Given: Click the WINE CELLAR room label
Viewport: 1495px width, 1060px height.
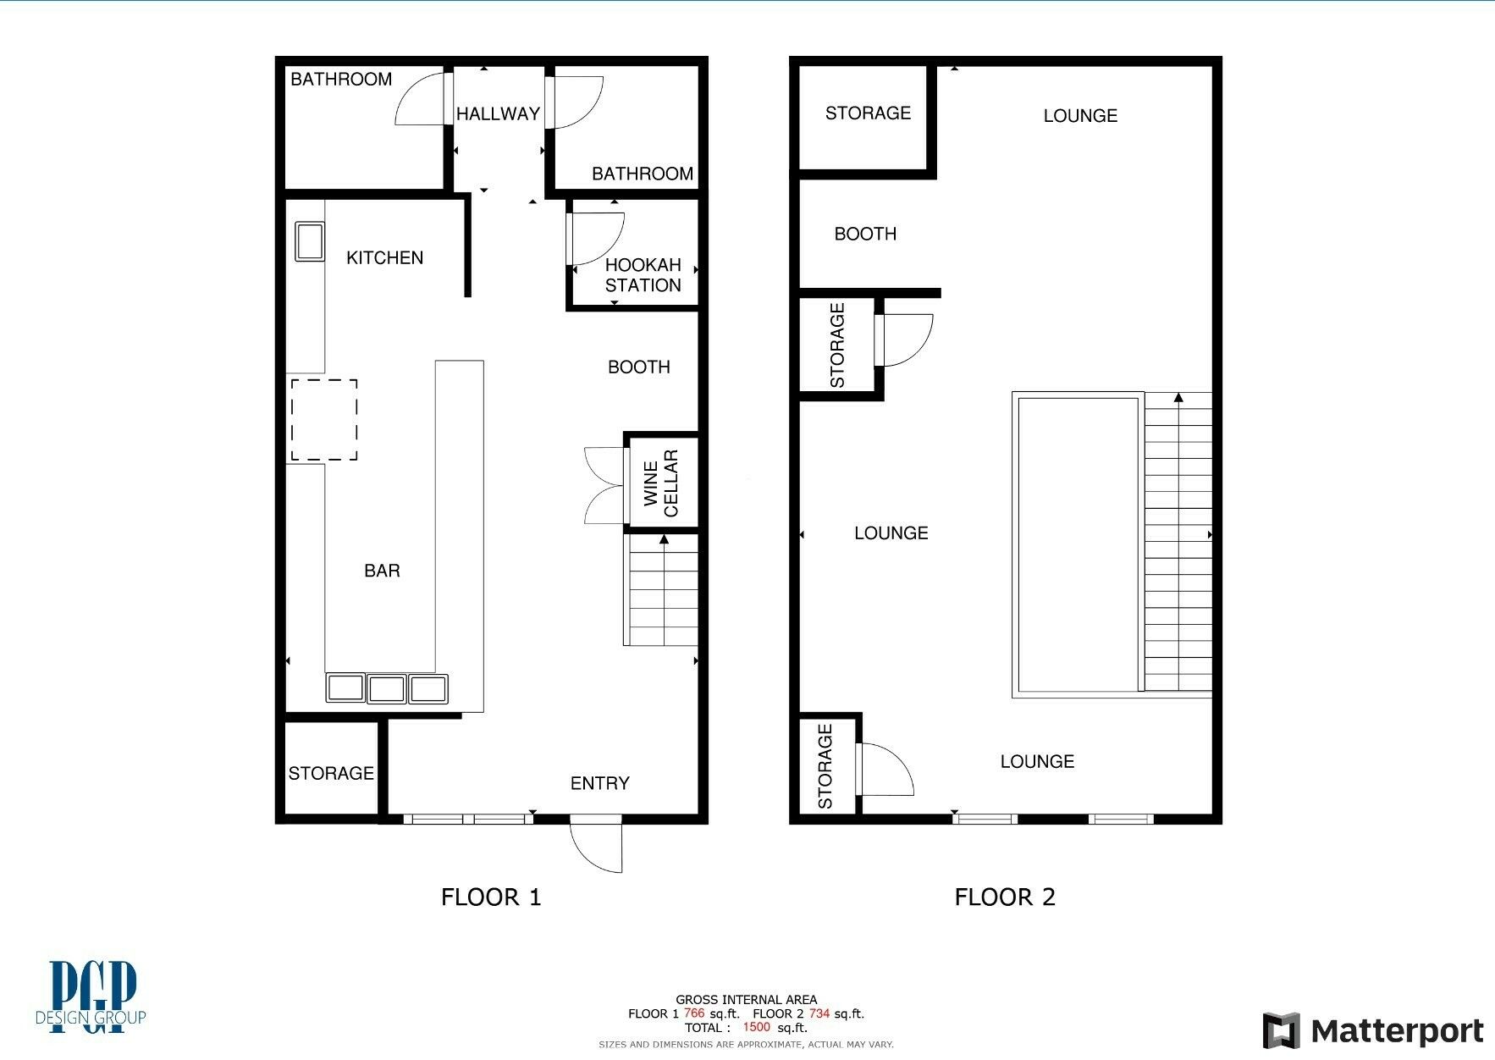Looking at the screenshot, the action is (661, 483).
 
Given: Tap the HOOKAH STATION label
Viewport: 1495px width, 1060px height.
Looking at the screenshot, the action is (643, 275).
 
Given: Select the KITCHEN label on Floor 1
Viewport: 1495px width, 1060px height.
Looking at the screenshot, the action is (385, 257).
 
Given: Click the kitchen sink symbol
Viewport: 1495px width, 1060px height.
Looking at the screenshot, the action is (309, 241).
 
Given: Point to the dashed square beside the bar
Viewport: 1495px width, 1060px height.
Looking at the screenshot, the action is (324, 420).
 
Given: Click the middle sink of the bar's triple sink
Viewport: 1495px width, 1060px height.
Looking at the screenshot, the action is (387, 688).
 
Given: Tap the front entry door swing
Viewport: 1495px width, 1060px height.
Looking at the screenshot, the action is (596, 844).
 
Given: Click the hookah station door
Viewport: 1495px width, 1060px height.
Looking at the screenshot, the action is (596, 239).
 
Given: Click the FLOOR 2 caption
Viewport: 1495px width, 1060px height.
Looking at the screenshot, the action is (1005, 897).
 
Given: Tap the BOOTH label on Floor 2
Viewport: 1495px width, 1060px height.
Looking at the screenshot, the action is (865, 234).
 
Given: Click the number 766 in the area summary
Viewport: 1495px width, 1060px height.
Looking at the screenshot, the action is (694, 1013).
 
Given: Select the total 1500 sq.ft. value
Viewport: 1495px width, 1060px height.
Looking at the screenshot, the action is (775, 1027).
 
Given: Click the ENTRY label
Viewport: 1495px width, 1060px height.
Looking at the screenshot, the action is (600, 783).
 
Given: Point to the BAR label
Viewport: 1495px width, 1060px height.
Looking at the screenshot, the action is (382, 571).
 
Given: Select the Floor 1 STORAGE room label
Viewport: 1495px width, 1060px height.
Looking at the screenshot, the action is (331, 773).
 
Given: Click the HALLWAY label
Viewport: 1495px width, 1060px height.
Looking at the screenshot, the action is (498, 113).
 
